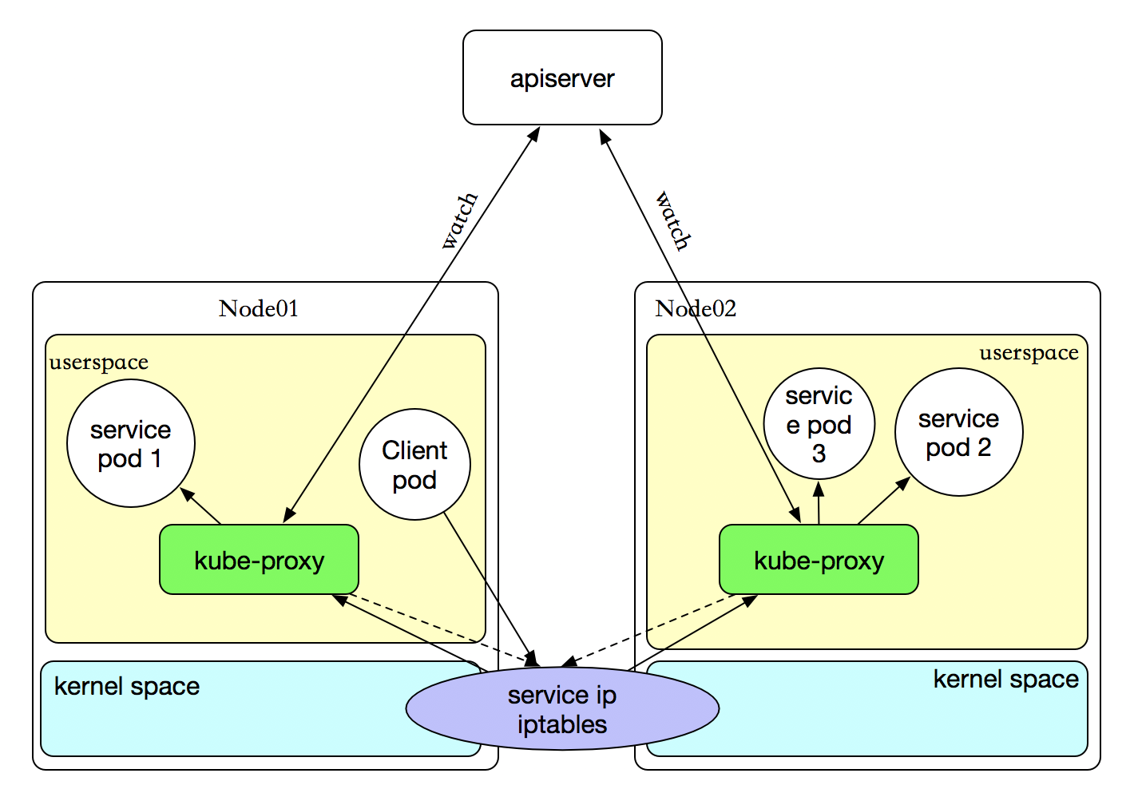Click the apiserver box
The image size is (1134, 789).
pyautogui.click(x=562, y=77)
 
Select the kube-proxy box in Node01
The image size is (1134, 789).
pyautogui.click(x=259, y=560)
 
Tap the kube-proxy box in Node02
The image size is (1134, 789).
pyautogui.click(x=819, y=560)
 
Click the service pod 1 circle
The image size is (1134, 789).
pyautogui.click(x=130, y=443)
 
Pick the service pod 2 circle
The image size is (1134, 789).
pyautogui.click(x=958, y=432)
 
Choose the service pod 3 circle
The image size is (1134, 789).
pyautogui.click(x=819, y=424)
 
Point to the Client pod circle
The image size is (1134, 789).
pyautogui.click(x=414, y=465)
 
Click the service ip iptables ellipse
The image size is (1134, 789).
pyautogui.click(x=562, y=709)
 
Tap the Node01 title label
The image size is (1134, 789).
pyautogui.click(x=259, y=309)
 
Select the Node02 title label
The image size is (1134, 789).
pyautogui.click(x=696, y=309)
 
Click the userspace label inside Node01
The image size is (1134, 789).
pyautogui.click(x=99, y=363)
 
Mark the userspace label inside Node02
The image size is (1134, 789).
pyautogui.click(x=1029, y=353)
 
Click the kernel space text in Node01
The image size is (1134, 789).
pyautogui.click(x=127, y=687)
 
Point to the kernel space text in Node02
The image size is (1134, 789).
pyautogui.click(x=1005, y=680)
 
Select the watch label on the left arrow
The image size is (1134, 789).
pyautogui.click(x=460, y=220)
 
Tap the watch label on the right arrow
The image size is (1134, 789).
pyautogui.click(x=672, y=220)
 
